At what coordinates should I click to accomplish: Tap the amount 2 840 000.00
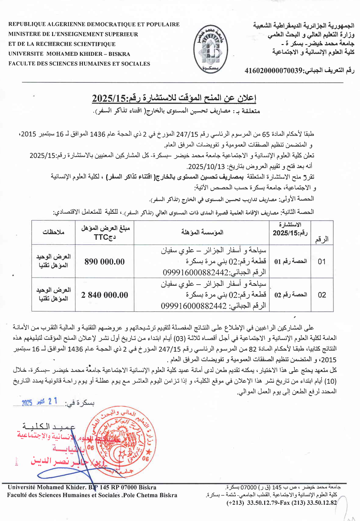point(104,295)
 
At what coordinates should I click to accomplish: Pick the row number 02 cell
point(322,295)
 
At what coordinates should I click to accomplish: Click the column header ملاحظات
point(54,232)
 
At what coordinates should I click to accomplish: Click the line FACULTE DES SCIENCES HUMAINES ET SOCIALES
point(79,63)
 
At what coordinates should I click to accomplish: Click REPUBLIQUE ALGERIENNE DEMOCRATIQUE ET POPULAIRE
point(94,24)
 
